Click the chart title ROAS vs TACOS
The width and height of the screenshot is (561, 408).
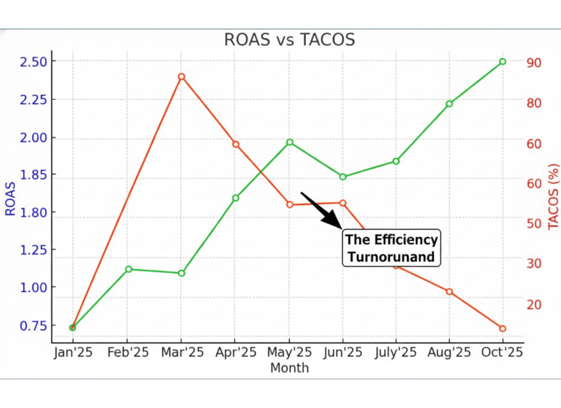(289, 39)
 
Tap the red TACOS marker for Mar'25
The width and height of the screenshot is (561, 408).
(181, 77)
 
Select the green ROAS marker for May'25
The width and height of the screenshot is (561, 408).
(290, 142)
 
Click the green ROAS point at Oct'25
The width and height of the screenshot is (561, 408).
(502, 62)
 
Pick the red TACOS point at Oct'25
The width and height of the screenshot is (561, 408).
(502, 329)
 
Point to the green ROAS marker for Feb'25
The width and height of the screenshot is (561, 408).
(129, 269)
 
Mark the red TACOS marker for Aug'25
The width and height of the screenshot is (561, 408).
(449, 292)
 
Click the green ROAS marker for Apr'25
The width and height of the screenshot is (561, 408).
(236, 198)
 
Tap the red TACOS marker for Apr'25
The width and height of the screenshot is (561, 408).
(236, 145)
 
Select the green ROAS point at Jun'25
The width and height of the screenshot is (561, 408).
(343, 177)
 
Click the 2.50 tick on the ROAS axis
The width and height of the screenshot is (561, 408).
(34, 61)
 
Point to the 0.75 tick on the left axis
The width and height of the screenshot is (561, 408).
(34, 325)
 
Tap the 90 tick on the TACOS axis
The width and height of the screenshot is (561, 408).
(534, 62)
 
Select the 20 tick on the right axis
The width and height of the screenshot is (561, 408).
(534, 304)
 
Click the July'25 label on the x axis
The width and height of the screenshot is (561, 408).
(396, 353)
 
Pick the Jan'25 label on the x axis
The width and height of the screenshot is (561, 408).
(73, 353)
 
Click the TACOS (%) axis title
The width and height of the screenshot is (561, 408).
(553, 196)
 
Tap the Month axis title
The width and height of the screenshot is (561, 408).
(289, 368)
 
